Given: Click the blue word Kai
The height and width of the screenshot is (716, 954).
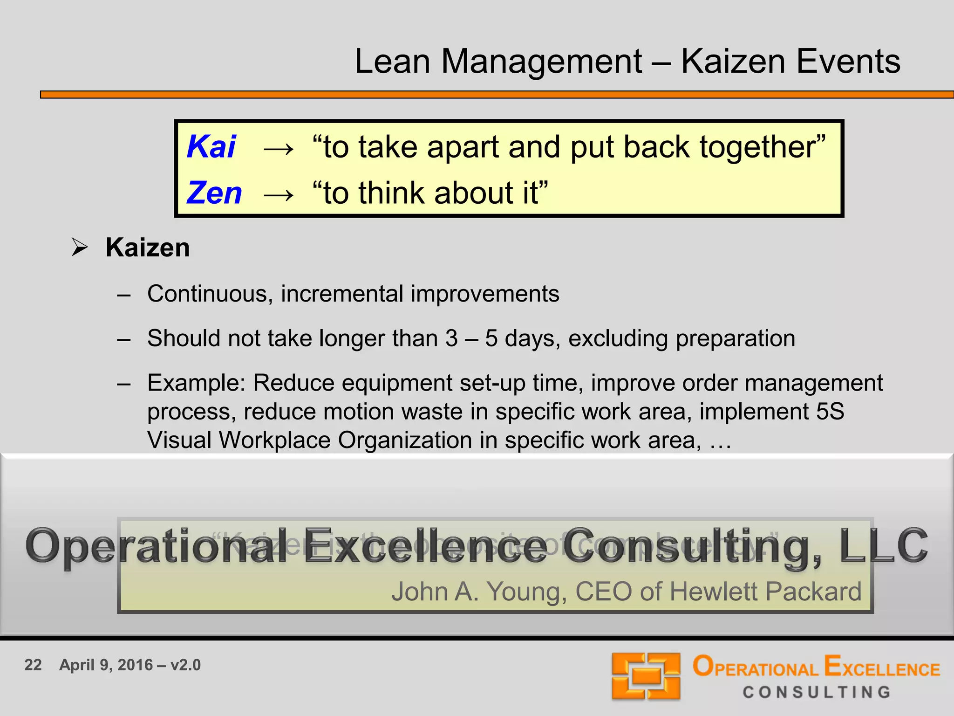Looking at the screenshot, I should point(211,147).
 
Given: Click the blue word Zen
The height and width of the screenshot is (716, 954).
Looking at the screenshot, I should point(214,193).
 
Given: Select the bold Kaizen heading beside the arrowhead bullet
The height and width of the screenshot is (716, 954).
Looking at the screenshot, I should point(148,248).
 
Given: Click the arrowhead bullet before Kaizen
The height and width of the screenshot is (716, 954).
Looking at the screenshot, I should point(80,247).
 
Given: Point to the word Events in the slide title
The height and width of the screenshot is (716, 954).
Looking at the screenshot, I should point(848,62).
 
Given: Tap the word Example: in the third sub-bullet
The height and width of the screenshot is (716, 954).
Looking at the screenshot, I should point(196,383).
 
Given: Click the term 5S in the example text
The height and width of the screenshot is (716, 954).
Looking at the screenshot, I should point(830,412).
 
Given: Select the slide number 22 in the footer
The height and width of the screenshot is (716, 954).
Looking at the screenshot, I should point(33,665).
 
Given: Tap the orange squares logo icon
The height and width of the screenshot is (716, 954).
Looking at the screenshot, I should point(646,676).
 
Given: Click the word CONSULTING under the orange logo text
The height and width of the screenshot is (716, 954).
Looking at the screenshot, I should point(817,692).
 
